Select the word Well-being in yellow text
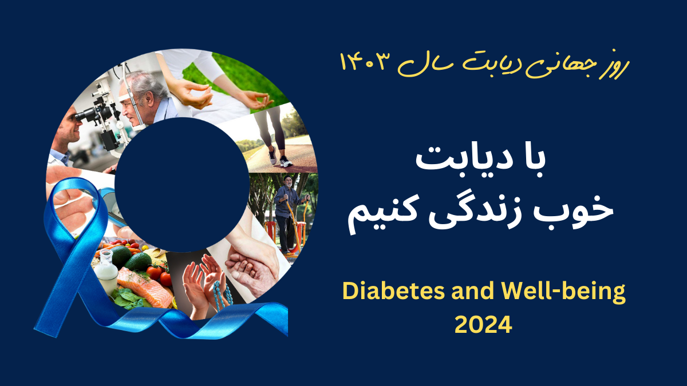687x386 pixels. pyautogui.click(x=562, y=293)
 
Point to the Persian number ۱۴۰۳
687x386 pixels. pyautogui.click(x=363, y=63)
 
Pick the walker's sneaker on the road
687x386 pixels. pyautogui.click(x=285, y=161)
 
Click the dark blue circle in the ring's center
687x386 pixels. pyautogui.click(x=182, y=185)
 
